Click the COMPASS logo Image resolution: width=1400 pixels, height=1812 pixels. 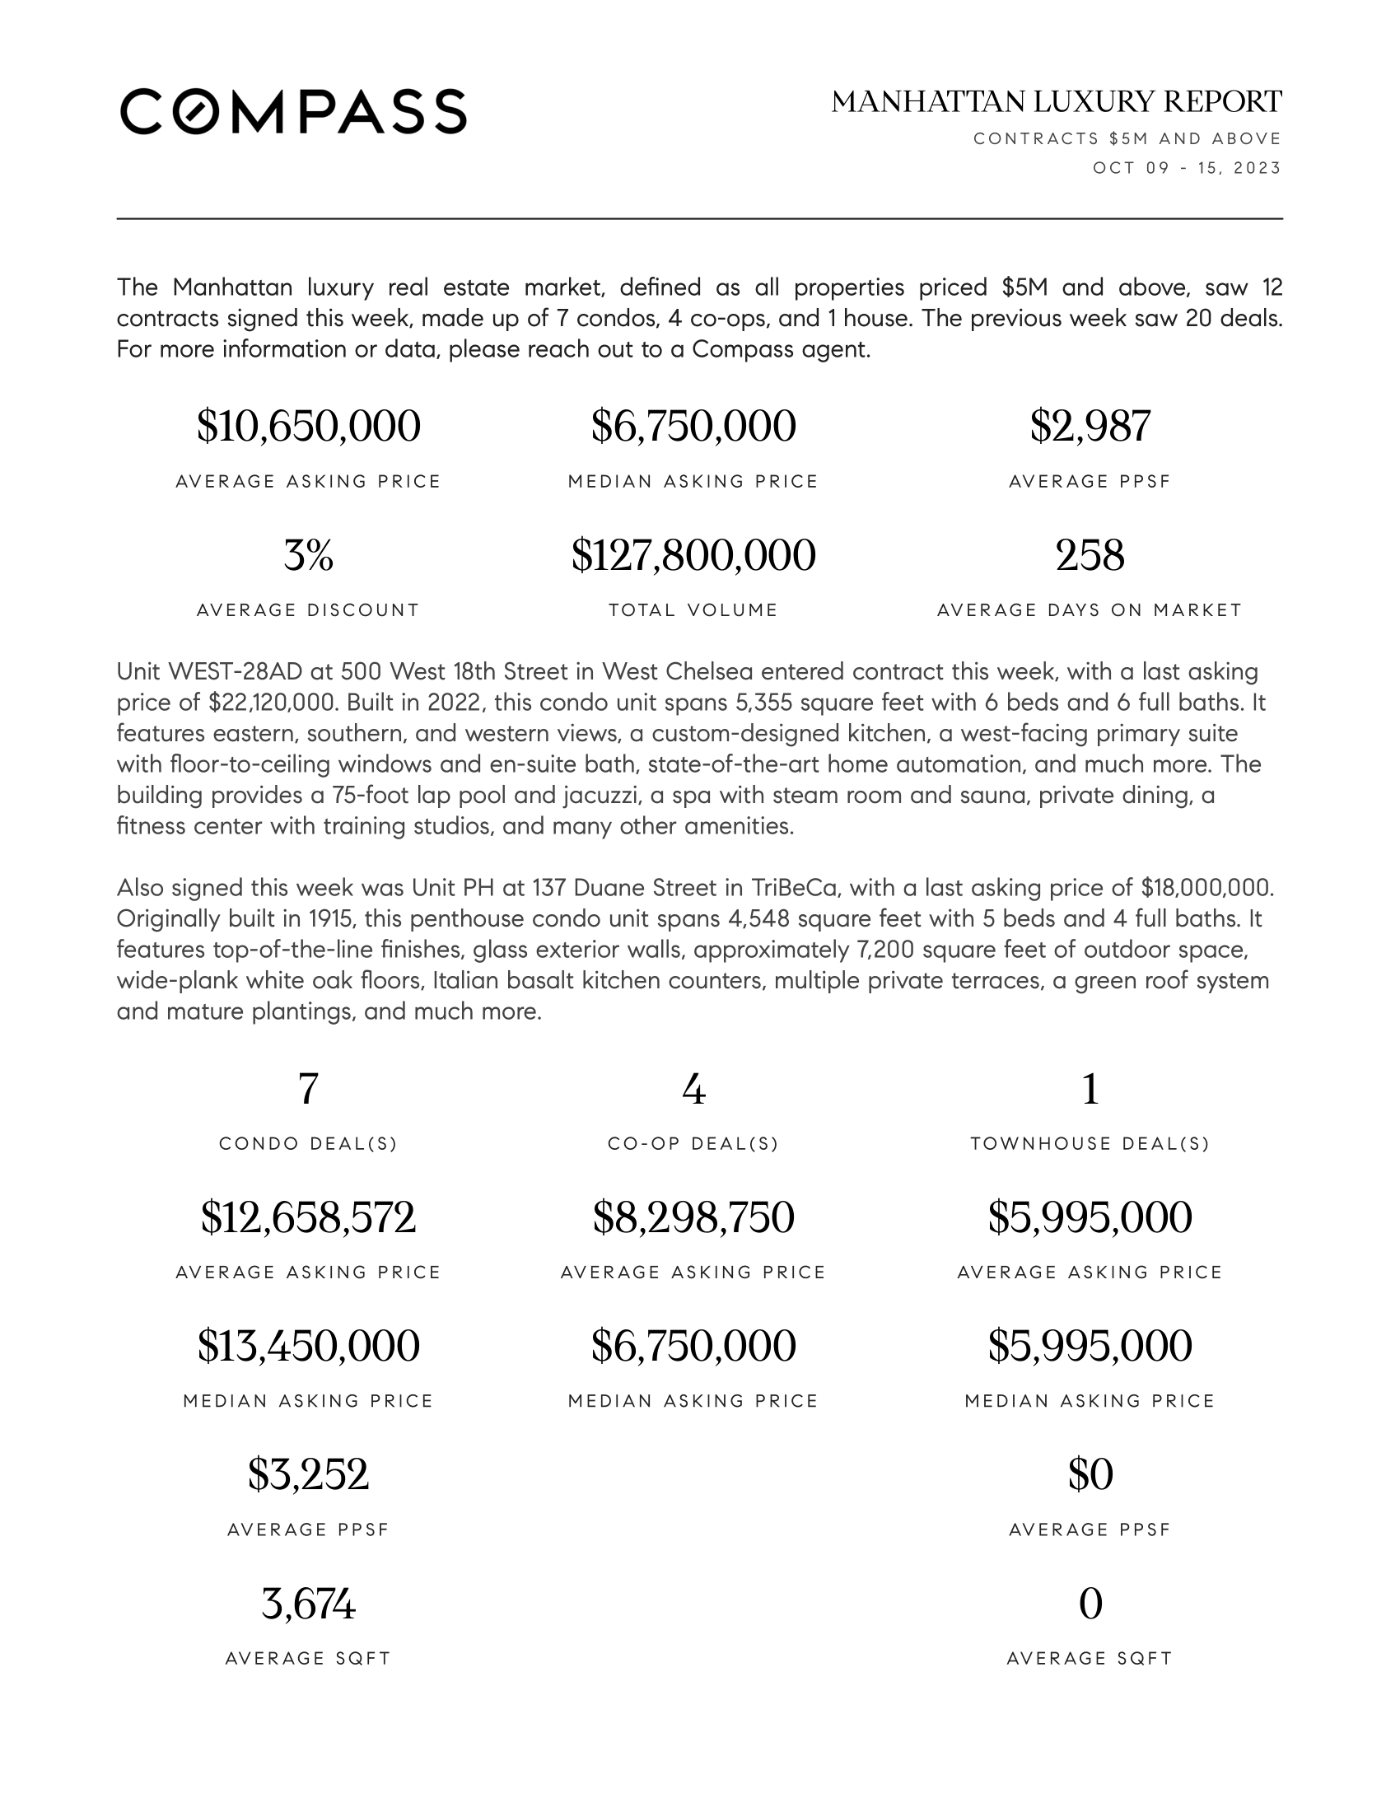293,111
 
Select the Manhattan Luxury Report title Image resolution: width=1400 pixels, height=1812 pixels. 1057,102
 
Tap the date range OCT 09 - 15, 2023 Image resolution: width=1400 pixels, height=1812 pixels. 1186,168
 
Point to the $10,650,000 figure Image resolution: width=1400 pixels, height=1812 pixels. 309,427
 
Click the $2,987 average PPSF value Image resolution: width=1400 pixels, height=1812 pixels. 1090,427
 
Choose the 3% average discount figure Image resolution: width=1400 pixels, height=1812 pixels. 309,555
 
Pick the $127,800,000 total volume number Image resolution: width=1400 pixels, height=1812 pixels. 693,555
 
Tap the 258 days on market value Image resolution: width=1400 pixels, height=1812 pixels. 1090,555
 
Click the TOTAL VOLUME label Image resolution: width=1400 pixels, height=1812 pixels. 693,610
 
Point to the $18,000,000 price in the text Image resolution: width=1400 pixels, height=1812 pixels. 1206,888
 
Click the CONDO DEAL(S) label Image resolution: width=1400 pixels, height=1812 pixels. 309,1144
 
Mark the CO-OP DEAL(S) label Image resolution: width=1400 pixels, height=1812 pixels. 693,1144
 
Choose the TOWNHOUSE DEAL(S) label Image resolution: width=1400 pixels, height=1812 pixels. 1090,1144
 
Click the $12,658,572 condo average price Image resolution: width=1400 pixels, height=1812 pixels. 309,1218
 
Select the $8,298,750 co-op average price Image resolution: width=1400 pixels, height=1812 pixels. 693,1218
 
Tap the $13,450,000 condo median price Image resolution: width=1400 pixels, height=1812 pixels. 309,1347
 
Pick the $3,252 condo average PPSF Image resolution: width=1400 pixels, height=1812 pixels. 309,1475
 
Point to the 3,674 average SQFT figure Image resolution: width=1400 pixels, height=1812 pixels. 309,1604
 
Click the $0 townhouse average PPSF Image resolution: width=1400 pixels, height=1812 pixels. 1090,1475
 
